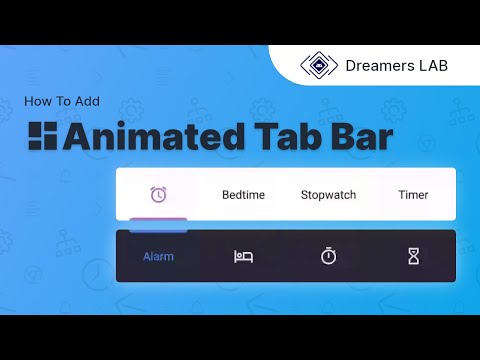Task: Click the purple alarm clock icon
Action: coord(158,194)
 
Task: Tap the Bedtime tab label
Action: coord(243,195)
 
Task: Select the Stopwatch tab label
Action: coord(328,195)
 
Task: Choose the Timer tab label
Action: coord(413,195)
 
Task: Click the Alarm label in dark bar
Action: coord(158,256)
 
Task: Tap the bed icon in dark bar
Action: coord(243,257)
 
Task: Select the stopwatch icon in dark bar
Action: coord(328,257)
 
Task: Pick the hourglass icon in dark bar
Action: coord(413,257)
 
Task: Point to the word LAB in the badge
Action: coord(433,66)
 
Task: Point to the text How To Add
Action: coord(63,101)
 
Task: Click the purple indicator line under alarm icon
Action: coord(158,218)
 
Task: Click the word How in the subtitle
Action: coord(37,101)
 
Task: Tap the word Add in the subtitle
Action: coord(87,101)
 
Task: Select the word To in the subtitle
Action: coord(62,101)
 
